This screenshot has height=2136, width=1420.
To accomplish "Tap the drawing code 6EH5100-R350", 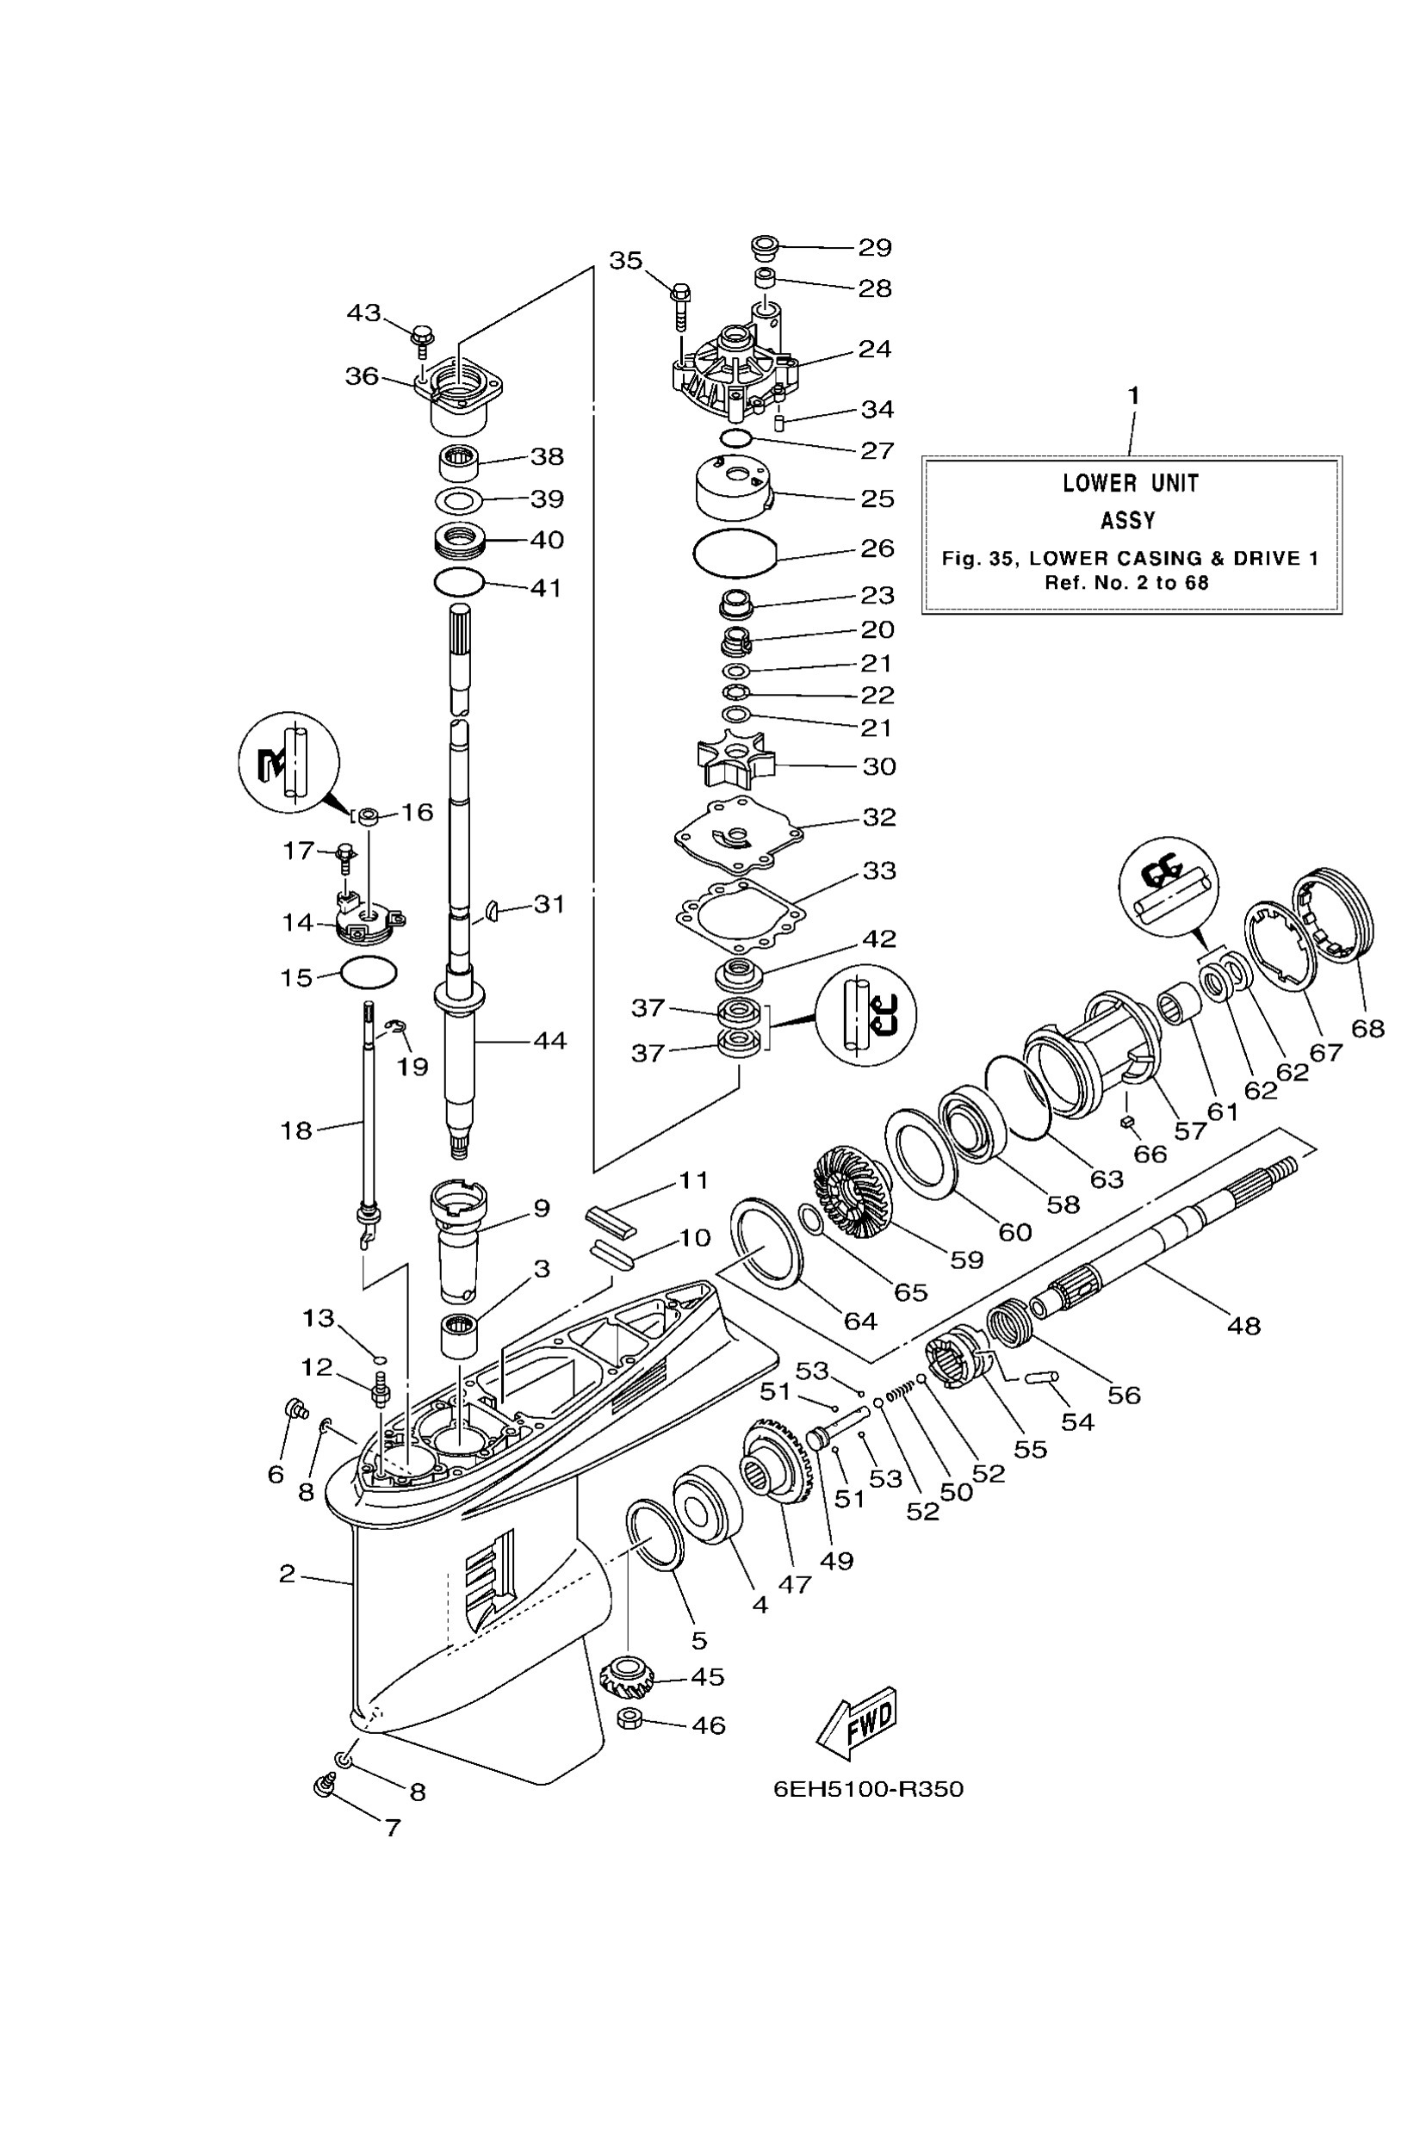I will tap(867, 1788).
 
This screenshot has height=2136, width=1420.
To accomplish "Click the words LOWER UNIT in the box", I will tap(1130, 484).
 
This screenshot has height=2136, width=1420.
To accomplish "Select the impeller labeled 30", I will tap(735, 764).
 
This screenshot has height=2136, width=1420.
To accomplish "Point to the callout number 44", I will tap(549, 1040).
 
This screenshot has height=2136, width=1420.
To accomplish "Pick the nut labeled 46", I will tap(629, 1718).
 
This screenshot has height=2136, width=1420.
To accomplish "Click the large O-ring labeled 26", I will tap(735, 553).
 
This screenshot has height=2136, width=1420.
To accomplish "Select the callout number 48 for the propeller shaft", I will tap(1243, 1326).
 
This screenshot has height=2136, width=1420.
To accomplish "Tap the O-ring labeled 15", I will tap(369, 973).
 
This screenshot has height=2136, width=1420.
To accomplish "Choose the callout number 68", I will tap(1367, 1029).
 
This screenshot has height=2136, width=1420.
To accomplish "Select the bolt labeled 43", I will tap(422, 337).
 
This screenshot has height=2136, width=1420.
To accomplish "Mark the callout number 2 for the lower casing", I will tap(287, 1574).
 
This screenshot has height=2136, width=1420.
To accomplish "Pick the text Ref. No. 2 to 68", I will tap(1126, 582).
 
